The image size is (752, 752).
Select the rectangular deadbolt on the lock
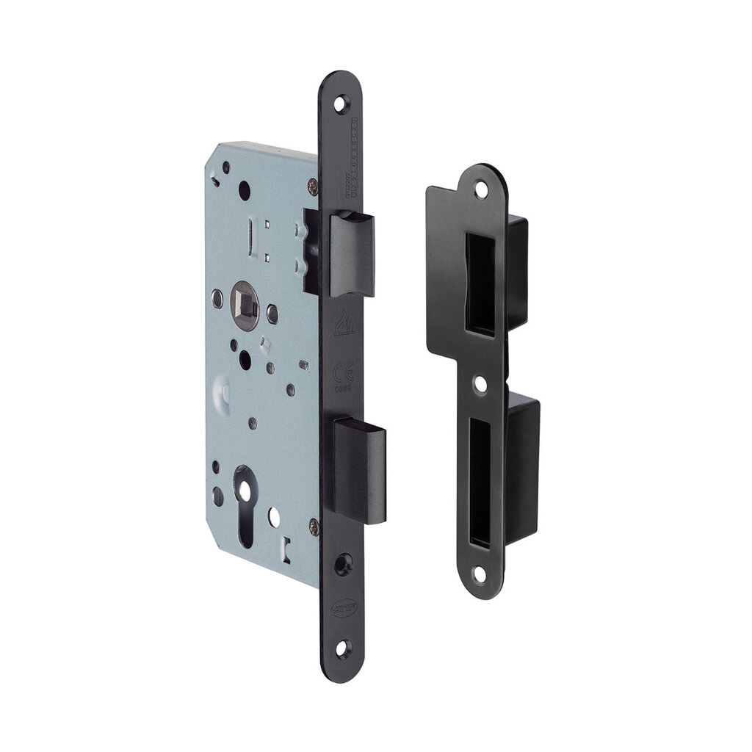pos(359,469)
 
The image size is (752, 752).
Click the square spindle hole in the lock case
pos(242,299)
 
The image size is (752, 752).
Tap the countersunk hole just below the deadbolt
pos(342,563)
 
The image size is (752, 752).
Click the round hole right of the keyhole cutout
pos(273,516)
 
